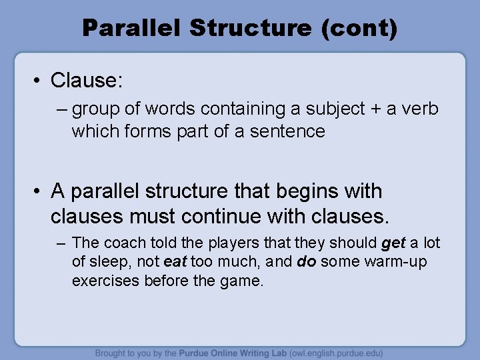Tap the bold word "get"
(x=393, y=243)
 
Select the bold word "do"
(x=306, y=262)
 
